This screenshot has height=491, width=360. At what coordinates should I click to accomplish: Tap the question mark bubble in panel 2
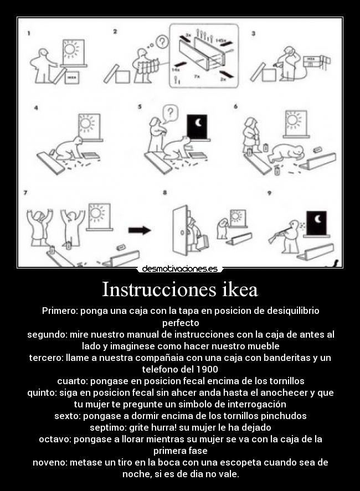(x=161, y=41)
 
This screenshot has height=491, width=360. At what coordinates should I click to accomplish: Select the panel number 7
(x=25, y=193)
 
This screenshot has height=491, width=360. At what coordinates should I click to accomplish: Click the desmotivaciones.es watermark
(x=179, y=269)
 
